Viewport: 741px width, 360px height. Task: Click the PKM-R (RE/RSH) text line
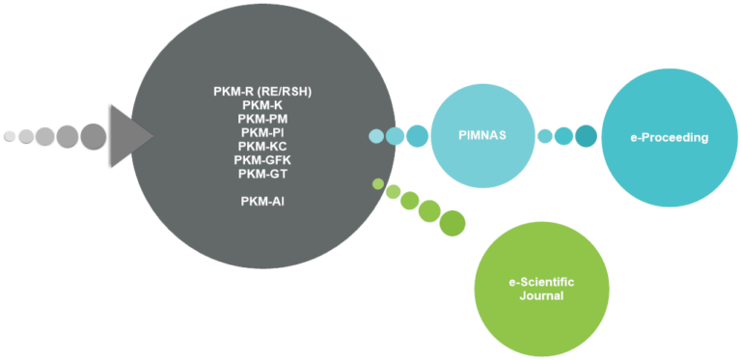pos(262,92)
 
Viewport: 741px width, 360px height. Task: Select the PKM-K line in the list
pos(262,105)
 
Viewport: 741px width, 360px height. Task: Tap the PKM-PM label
pos(262,119)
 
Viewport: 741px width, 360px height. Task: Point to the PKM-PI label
pos(262,132)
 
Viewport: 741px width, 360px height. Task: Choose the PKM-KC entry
pos(262,146)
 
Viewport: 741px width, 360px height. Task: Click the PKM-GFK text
pos(262,159)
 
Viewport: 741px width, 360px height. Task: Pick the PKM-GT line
pos(262,173)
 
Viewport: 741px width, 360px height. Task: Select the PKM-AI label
pos(262,201)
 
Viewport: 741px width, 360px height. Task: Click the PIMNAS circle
pos(481,136)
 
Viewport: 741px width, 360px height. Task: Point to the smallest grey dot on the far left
pos(10,136)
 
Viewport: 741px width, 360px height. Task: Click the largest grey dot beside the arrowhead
pos(93,136)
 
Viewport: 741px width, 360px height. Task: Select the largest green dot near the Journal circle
pos(452,224)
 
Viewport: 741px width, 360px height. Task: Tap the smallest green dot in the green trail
pos(378,183)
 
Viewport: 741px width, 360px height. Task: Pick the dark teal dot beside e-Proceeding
pos(586,136)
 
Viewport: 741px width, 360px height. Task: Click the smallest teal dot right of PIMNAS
pos(545,136)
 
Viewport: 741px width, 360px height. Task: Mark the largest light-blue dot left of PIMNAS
pos(417,136)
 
